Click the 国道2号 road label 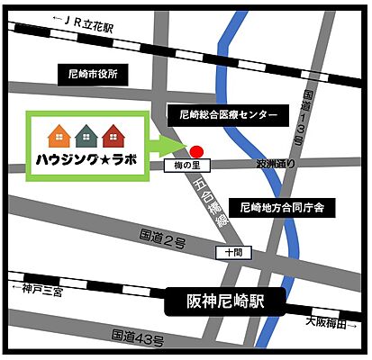coord(162,239)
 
